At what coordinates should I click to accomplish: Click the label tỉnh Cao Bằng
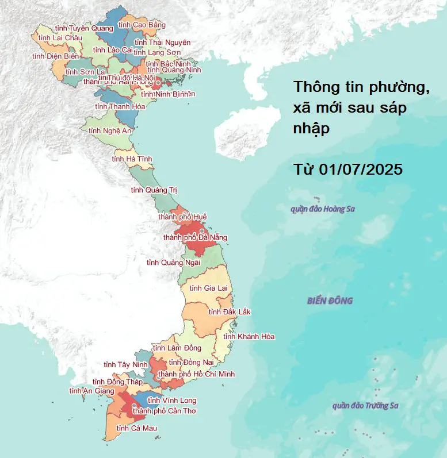coord(141,25)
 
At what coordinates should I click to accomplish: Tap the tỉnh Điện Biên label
coord(55,56)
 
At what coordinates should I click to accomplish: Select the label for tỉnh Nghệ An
coord(110,131)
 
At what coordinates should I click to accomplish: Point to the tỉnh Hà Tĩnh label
coord(132,159)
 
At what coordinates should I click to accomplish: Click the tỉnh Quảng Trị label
coord(151,190)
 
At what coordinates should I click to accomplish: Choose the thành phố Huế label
coord(182,217)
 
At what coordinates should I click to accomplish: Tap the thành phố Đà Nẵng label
coord(195,237)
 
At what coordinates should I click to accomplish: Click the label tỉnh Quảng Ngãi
coord(173,262)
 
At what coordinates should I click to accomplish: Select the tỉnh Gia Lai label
coord(208,288)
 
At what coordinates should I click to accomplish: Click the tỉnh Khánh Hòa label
coord(249,336)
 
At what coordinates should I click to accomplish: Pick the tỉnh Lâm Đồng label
coord(177,348)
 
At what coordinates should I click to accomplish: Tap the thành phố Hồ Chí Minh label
coord(196,374)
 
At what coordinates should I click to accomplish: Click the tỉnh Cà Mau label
coord(136,428)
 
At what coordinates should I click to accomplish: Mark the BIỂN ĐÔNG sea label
coord(330,301)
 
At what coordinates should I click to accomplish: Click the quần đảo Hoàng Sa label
coord(323,209)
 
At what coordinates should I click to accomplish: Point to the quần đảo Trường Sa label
coord(365,406)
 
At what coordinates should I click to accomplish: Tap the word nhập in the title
coord(311,129)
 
